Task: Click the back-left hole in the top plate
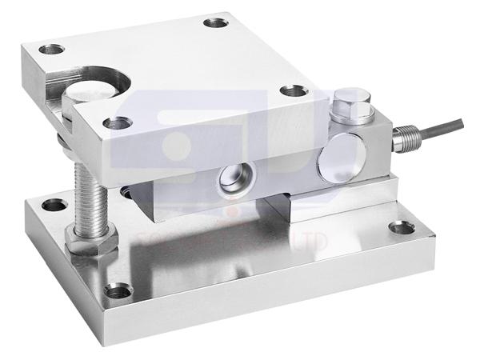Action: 52,50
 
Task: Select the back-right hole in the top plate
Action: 215,22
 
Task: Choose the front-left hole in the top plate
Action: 118,123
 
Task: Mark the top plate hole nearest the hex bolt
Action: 291,91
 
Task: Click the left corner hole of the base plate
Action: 54,205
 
